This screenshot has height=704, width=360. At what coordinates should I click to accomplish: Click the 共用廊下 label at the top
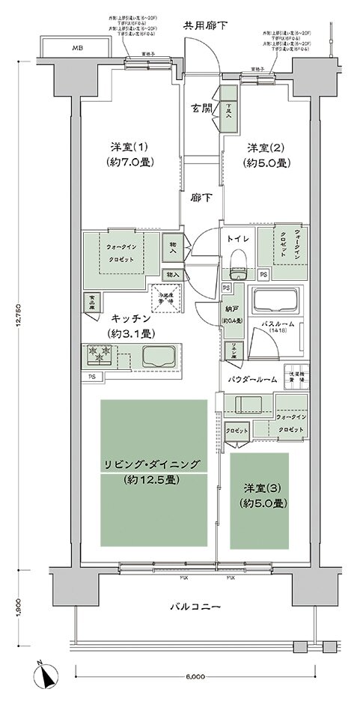(x=206, y=26)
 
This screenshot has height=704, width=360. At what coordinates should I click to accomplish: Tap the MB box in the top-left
(x=77, y=49)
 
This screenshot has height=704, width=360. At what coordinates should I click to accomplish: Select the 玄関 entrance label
(x=200, y=106)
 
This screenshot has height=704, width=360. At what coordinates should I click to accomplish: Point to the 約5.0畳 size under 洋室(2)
(x=268, y=163)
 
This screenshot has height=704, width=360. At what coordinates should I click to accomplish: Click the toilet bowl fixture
(x=239, y=261)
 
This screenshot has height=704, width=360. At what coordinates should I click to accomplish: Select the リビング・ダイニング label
(x=152, y=464)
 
